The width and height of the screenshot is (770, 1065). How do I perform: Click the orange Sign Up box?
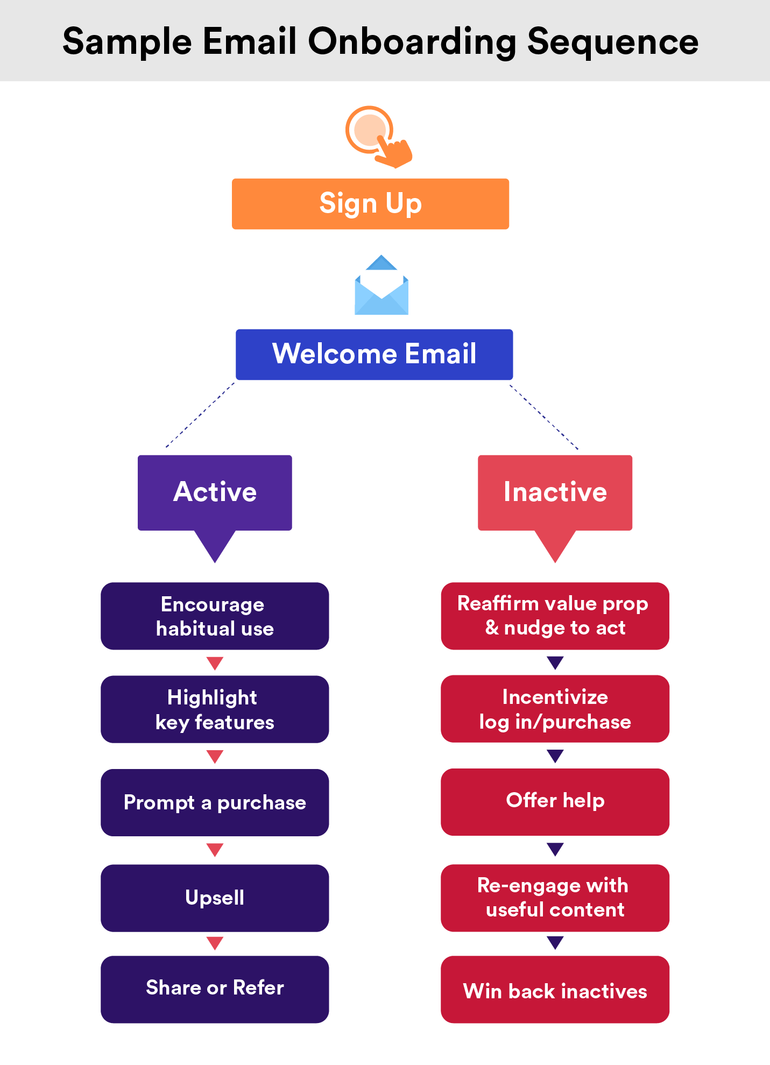click(370, 204)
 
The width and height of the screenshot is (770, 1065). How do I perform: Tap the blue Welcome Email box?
click(374, 354)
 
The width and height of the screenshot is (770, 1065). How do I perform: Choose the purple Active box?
click(215, 492)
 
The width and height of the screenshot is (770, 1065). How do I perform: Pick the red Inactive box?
click(555, 492)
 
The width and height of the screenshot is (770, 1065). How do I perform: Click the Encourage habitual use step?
click(215, 616)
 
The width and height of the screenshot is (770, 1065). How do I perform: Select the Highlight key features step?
click(215, 709)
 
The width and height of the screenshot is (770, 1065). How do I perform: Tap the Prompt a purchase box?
click(215, 802)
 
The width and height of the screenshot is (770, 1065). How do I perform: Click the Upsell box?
click(215, 898)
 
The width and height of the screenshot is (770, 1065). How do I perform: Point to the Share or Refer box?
click(215, 989)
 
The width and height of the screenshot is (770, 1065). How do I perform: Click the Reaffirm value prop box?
click(555, 616)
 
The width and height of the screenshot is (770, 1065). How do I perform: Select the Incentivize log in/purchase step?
click(555, 709)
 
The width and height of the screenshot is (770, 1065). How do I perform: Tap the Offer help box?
click(555, 802)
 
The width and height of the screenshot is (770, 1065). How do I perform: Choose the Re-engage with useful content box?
click(555, 898)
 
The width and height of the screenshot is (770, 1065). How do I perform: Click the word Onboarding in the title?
click(412, 42)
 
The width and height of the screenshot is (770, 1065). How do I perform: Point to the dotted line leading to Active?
click(200, 415)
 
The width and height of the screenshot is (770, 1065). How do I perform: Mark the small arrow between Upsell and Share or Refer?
click(215, 943)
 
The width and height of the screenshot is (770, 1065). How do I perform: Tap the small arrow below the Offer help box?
click(555, 849)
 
